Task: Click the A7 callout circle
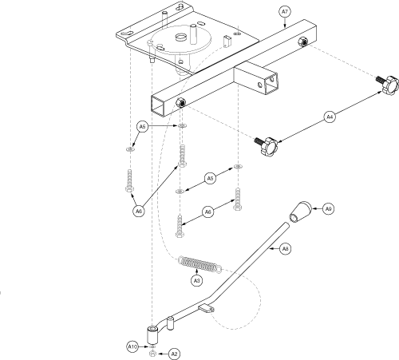pyautogui.click(x=285, y=12)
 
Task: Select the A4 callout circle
pyautogui.click(x=330, y=117)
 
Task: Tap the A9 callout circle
pyautogui.click(x=328, y=209)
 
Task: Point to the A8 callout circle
pyautogui.click(x=285, y=249)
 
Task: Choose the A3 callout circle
pyautogui.click(x=196, y=281)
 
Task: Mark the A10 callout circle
pyautogui.click(x=132, y=347)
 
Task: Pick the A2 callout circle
pyautogui.click(x=174, y=354)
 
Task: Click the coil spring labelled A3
pyautogui.click(x=199, y=265)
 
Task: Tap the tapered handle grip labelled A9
pyautogui.click(x=301, y=212)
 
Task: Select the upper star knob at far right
pyautogui.click(x=389, y=84)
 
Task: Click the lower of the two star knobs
pyautogui.click(x=267, y=145)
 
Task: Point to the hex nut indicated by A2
pyautogui.click(x=152, y=354)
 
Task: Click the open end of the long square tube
pyautogui.click(x=158, y=105)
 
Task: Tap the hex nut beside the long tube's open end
pyautogui.click(x=181, y=102)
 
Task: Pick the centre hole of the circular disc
pyautogui.click(x=180, y=37)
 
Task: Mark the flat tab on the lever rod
pyautogui.click(x=207, y=309)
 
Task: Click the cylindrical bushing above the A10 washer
pyautogui.click(x=152, y=335)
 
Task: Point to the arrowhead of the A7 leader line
pyautogui.click(x=285, y=26)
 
